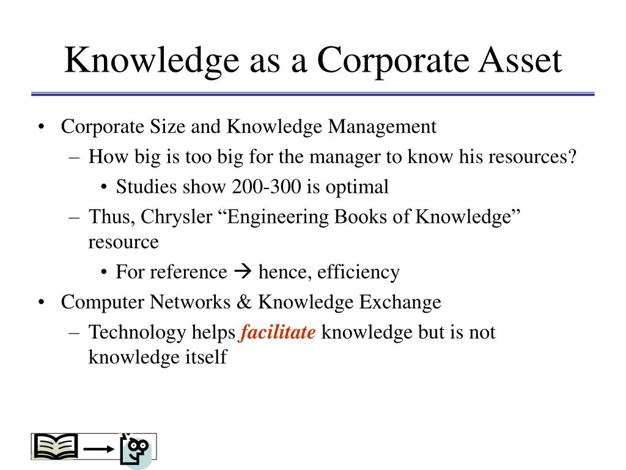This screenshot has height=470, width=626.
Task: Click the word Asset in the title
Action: (x=520, y=60)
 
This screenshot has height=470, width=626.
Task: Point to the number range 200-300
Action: (x=267, y=187)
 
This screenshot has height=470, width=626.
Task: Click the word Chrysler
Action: (x=177, y=217)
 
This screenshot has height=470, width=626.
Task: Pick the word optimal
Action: (x=357, y=187)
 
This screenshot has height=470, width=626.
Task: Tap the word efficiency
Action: (x=358, y=272)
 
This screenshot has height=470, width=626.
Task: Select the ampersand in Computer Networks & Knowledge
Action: (x=245, y=302)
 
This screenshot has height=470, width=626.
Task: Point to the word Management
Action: (x=382, y=127)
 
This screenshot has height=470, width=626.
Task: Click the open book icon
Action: (x=56, y=447)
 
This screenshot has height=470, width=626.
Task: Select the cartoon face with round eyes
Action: (x=136, y=450)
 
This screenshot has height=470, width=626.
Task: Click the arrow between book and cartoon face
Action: (x=99, y=449)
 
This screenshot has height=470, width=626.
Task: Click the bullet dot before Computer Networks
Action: (x=41, y=302)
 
